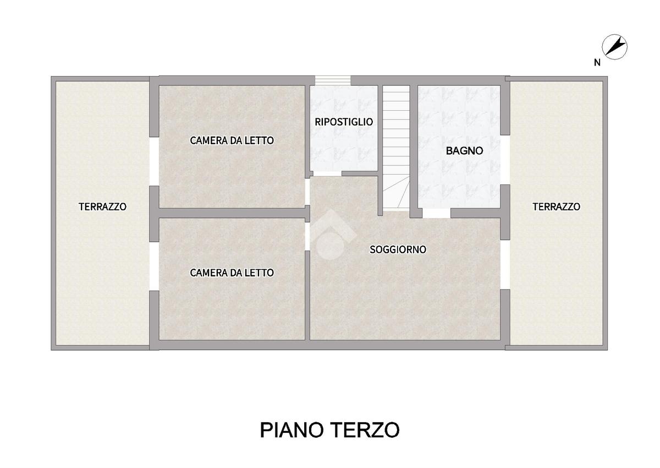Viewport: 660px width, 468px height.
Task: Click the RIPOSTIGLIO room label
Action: tap(344, 122)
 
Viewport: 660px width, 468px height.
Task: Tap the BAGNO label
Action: tap(464, 151)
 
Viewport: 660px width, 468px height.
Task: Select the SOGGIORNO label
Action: tap(398, 249)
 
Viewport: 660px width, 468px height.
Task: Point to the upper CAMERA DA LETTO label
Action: tap(232, 140)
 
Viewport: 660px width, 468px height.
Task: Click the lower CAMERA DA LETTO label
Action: tap(232, 273)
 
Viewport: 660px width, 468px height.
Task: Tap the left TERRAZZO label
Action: tap(102, 206)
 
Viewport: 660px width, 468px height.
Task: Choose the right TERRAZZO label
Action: tap(556, 206)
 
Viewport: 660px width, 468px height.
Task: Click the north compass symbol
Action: tap(614, 47)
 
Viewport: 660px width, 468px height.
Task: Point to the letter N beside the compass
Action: tap(597, 63)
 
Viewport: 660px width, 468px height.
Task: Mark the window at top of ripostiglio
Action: tap(333, 80)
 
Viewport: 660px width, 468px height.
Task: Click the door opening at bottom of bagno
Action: tap(436, 213)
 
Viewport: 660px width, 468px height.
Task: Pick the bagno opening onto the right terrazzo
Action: tap(505, 160)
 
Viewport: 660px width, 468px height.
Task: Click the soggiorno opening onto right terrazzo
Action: tap(505, 264)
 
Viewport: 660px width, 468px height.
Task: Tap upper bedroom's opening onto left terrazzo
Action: tap(154, 161)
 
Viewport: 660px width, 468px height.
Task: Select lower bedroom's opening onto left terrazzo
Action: tap(154, 266)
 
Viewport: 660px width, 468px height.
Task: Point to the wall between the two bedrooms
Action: tap(232, 213)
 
